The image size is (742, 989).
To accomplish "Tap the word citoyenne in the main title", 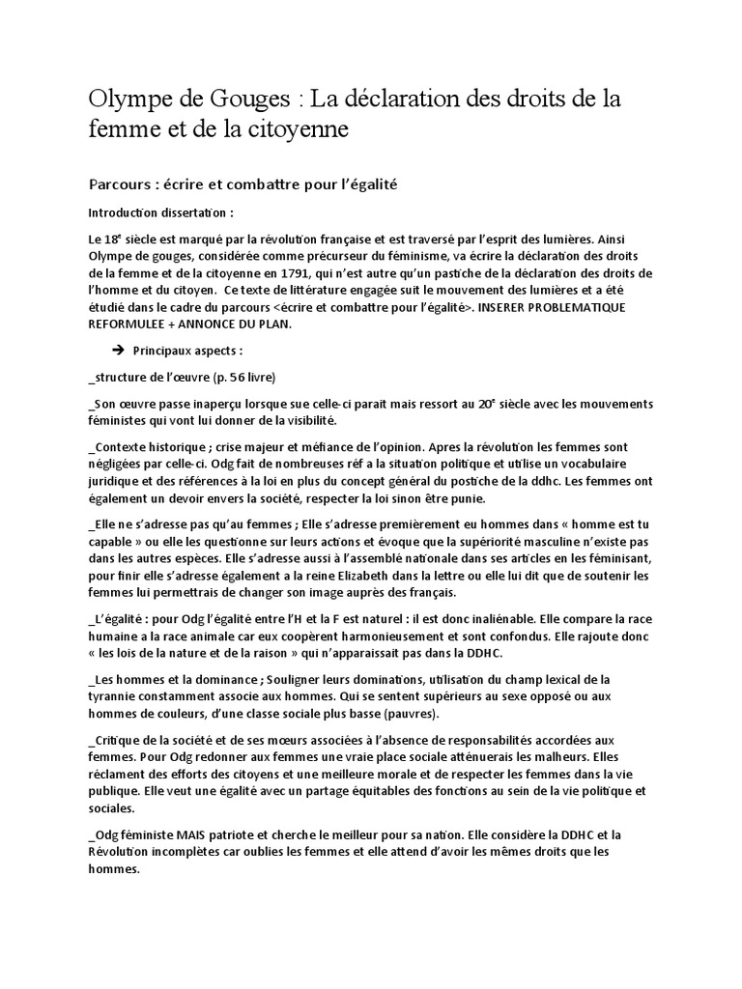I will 299,127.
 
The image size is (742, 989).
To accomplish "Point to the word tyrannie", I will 119,697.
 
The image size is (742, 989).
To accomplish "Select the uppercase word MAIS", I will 195,835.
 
